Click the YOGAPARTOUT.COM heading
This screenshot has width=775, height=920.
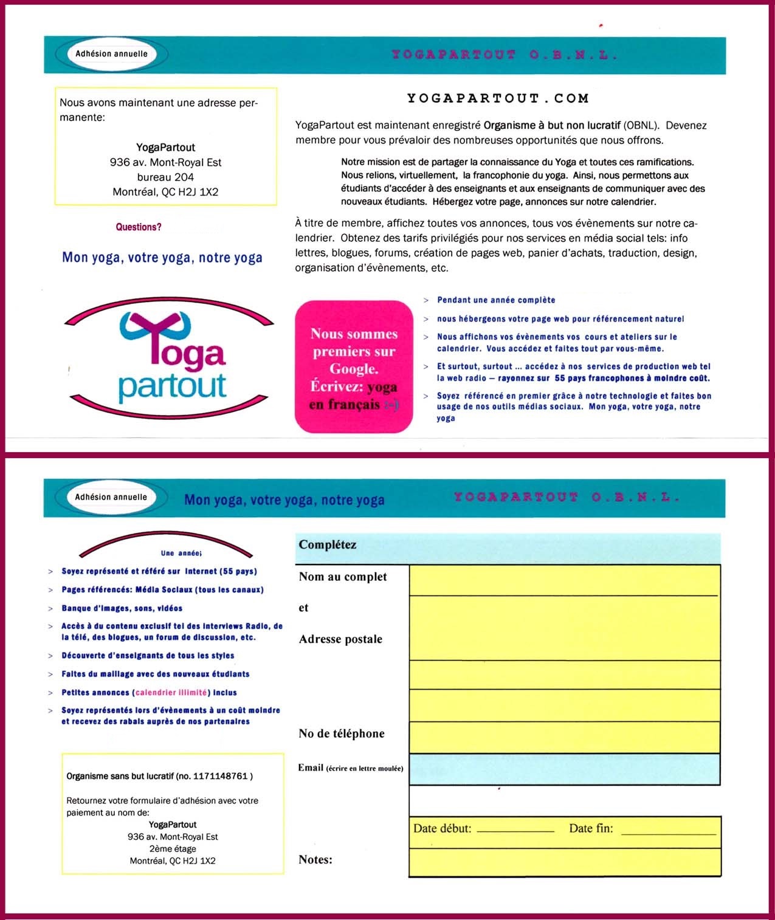click(498, 98)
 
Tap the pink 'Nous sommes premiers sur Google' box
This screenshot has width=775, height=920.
click(354, 367)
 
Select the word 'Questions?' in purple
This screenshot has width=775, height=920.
click(139, 227)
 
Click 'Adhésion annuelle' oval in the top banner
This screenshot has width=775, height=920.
click(111, 53)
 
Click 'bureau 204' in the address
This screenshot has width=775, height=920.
click(165, 177)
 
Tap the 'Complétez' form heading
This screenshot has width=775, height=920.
click(328, 544)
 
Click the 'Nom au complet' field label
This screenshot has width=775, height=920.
click(343, 577)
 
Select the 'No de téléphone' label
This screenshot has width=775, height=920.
click(342, 733)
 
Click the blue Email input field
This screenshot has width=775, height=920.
click(564, 769)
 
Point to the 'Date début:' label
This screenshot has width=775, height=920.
click(443, 828)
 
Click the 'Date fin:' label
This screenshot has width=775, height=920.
click(591, 828)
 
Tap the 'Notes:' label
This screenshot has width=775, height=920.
click(315, 859)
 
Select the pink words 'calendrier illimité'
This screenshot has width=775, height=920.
click(171, 693)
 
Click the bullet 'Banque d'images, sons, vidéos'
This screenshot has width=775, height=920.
click(122, 608)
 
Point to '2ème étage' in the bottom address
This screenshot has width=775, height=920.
click(173, 849)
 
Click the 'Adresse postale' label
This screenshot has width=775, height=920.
click(340, 639)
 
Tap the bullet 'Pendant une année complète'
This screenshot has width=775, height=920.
click(496, 300)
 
